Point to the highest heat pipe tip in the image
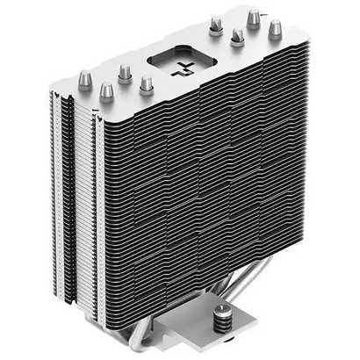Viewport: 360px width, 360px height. pos(254,17)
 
